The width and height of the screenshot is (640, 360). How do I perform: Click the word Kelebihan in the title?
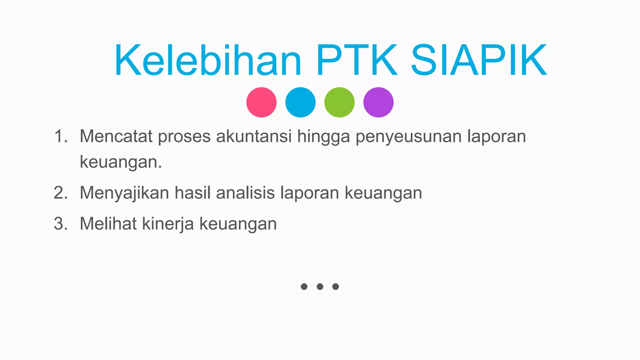pyautogui.click(x=208, y=60)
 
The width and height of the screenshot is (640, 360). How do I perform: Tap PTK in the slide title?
pyautogui.click(x=357, y=60)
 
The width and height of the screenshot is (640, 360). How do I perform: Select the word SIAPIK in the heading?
pyautogui.click(x=478, y=60)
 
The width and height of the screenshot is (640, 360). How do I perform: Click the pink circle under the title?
pyautogui.click(x=261, y=102)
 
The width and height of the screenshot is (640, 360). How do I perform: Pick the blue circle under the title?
pyautogui.click(x=300, y=102)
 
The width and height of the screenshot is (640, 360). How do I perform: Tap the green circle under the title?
pyautogui.click(x=339, y=102)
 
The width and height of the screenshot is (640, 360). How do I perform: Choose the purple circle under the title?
pyautogui.click(x=378, y=102)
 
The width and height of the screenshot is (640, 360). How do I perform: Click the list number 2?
pyautogui.click(x=61, y=193)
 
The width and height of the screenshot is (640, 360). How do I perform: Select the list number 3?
pyautogui.click(x=61, y=224)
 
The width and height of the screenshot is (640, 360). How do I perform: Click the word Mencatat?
pyautogui.click(x=116, y=137)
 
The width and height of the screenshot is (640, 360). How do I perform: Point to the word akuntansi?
pyautogui.click(x=254, y=137)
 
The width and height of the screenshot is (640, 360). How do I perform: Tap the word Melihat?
pyautogui.click(x=108, y=224)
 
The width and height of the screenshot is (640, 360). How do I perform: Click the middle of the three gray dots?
pyautogui.click(x=320, y=287)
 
